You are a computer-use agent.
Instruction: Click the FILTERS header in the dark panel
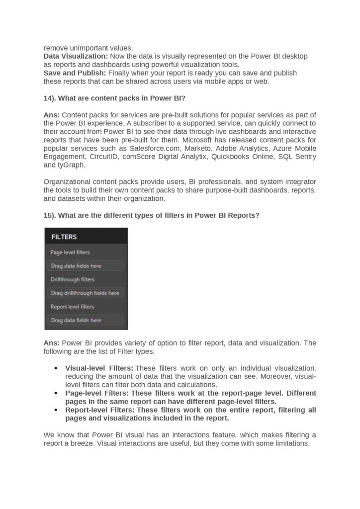(64, 237)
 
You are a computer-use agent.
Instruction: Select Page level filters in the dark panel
(70, 253)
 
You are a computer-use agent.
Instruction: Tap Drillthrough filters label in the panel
(73, 279)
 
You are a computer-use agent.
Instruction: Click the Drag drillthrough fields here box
(86, 293)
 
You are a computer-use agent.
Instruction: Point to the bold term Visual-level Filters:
(99, 368)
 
